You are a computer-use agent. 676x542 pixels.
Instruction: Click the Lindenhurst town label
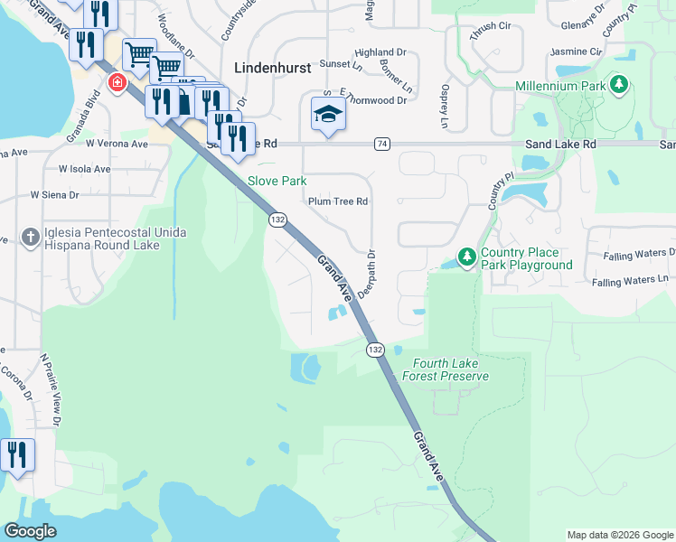pyautogui.click(x=272, y=67)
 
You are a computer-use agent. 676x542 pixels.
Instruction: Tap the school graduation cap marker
pyautogui.click(x=328, y=114)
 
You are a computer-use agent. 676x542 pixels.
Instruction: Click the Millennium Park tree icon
pyautogui.click(x=619, y=86)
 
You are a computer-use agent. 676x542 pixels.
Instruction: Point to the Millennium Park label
pyautogui.click(x=560, y=86)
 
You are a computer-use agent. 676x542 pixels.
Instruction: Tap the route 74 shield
pyautogui.click(x=382, y=144)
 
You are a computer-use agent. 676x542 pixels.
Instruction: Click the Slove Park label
pyautogui.click(x=277, y=181)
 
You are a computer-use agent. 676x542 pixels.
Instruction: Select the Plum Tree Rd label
pyautogui.click(x=338, y=201)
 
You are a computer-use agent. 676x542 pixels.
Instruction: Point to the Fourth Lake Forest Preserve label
pyautogui.click(x=444, y=370)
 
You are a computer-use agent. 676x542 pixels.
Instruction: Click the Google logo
pyautogui.click(x=31, y=531)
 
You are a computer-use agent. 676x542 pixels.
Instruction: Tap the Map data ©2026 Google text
pyautogui.click(x=619, y=535)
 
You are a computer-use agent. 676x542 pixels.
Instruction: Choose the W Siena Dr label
pyautogui.click(x=54, y=194)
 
